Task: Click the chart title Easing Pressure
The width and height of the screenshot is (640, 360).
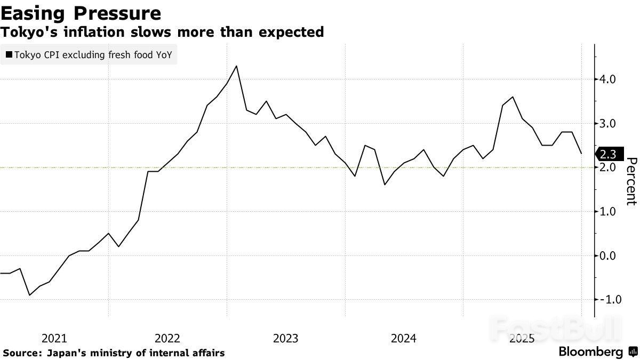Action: [x=81, y=13]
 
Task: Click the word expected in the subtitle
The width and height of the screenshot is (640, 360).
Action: [x=296, y=32]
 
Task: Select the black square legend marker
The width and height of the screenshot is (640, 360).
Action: [x=9, y=54]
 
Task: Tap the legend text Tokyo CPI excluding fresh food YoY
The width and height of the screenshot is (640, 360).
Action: [x=93, y=54]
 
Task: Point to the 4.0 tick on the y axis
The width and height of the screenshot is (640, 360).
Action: [x=609, y=79]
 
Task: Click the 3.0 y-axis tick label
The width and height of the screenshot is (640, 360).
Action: [x=609, y=124]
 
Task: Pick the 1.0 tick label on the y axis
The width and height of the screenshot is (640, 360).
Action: [x=609, y=212]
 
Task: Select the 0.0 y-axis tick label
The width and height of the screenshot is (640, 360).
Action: [x=609, y=256]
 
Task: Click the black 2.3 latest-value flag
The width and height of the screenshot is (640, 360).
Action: [x=607, y=154]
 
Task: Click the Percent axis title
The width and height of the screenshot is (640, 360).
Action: [x=631, y=181]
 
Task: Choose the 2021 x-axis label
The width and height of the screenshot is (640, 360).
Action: [x=54, y=338]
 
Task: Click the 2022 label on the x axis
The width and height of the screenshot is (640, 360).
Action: [x=167, y=338]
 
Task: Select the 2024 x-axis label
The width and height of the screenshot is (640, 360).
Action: [x=404, y=338]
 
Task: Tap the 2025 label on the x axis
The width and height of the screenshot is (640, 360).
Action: [x=522, y=338]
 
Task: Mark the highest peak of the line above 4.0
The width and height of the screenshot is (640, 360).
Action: [x=236, y=66]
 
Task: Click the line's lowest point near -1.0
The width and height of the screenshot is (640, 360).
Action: [x=29, y=295]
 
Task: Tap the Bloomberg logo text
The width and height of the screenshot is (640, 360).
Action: [x=590, y=352]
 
